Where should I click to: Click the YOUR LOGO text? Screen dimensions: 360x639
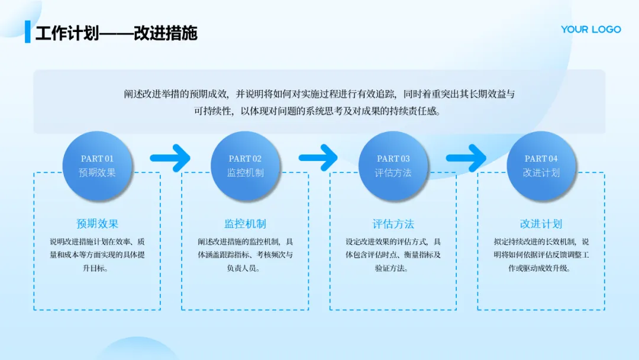coord(590,29)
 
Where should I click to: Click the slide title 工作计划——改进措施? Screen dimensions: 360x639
coord(116,33)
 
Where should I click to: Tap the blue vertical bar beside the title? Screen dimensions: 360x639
coord(27,32)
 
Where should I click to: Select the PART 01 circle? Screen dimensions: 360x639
coord(97,166)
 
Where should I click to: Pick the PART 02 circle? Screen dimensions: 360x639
coord(245,166)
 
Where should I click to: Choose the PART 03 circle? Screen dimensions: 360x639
coord(393,166)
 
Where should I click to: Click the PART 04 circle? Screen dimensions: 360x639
coord(541,166)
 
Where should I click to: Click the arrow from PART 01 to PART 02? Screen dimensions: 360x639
coord(170,157)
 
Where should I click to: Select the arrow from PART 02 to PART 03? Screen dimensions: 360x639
coord(318,157)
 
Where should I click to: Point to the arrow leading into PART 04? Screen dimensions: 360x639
coord(466,157)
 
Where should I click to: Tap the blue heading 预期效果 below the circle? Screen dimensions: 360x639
coord(97,224)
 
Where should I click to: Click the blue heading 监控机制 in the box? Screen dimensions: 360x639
coord(245,224)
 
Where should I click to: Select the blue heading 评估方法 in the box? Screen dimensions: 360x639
coord(393,224)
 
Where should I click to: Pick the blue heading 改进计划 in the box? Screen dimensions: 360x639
coord(541,224)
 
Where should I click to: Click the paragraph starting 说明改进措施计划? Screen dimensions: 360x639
coord(97,255)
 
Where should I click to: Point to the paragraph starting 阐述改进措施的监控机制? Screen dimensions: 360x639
coord(245,255)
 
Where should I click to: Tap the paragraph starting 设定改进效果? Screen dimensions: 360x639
coord(393,255)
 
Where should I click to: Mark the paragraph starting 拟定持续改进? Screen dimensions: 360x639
coord(541,255)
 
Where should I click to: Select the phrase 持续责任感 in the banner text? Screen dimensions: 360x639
coord(417,111)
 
